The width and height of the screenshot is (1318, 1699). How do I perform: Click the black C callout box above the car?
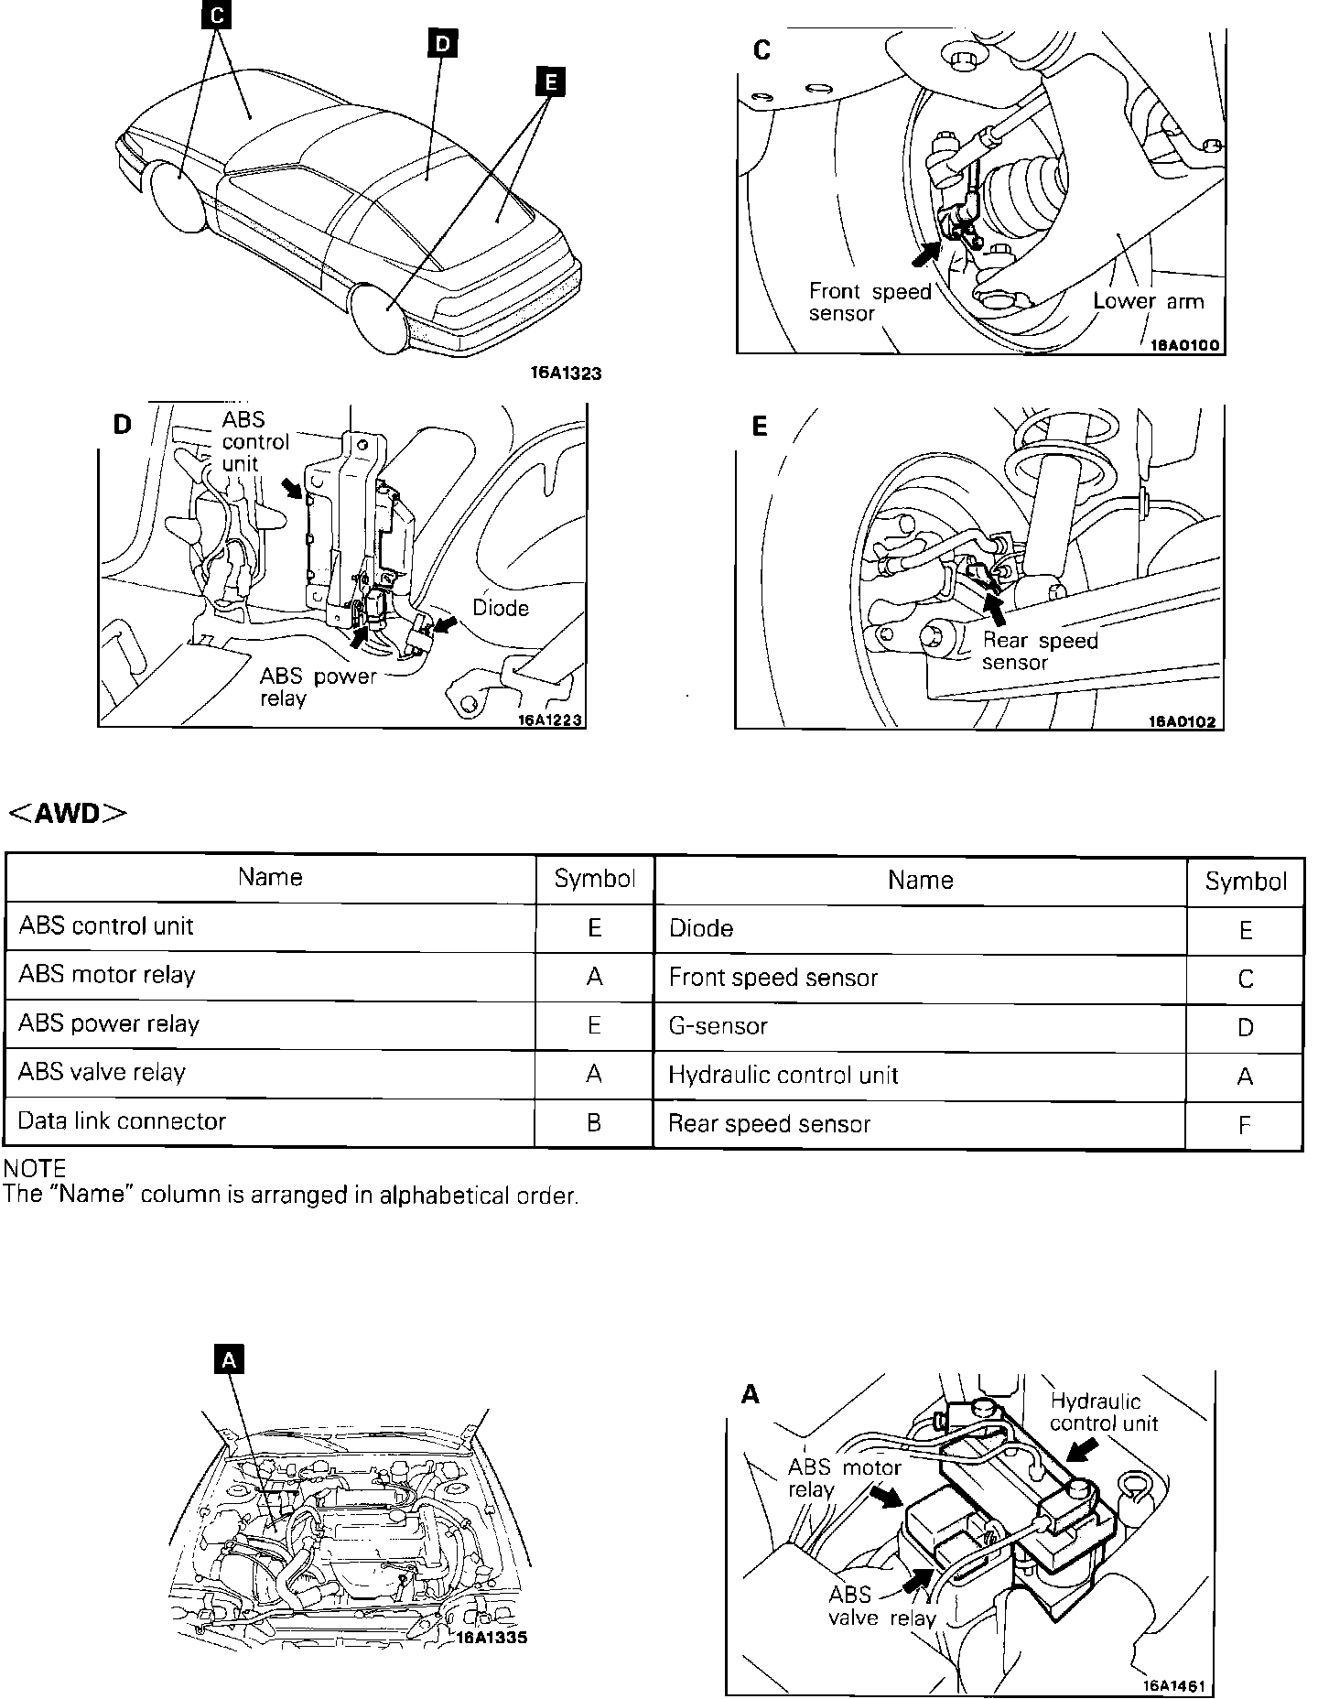coord(216,16)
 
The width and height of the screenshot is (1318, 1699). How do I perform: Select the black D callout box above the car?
coord(442,43)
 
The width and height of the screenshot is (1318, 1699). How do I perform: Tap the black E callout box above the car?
coord(549,82)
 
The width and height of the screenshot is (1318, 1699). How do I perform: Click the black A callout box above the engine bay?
coord(229,1360)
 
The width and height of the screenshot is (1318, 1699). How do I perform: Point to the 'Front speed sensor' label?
coord(869,302)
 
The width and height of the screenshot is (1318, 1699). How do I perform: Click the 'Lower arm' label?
coord(1149,301)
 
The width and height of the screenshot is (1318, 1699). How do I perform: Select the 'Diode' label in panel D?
coord(501,608)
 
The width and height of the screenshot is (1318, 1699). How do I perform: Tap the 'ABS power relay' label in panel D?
coord(318,687)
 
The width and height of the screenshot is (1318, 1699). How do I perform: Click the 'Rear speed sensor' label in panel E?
coord(1039,651)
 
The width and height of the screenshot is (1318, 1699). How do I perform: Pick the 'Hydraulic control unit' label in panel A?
coord(1103,1412)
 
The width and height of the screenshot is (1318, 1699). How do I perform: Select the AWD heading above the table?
coord(68,814)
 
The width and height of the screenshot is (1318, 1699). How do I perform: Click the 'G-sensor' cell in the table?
coord(718,1026)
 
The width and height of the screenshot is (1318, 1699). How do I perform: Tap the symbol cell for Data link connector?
coord(594,1122)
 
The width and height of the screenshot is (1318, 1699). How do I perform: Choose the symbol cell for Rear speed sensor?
coord(1244,1125)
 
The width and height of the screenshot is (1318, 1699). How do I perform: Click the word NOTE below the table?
coord(35,1169)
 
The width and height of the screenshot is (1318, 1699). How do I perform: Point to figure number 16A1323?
coord(566,373)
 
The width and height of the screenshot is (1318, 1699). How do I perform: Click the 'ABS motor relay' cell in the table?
coord(107,975)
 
